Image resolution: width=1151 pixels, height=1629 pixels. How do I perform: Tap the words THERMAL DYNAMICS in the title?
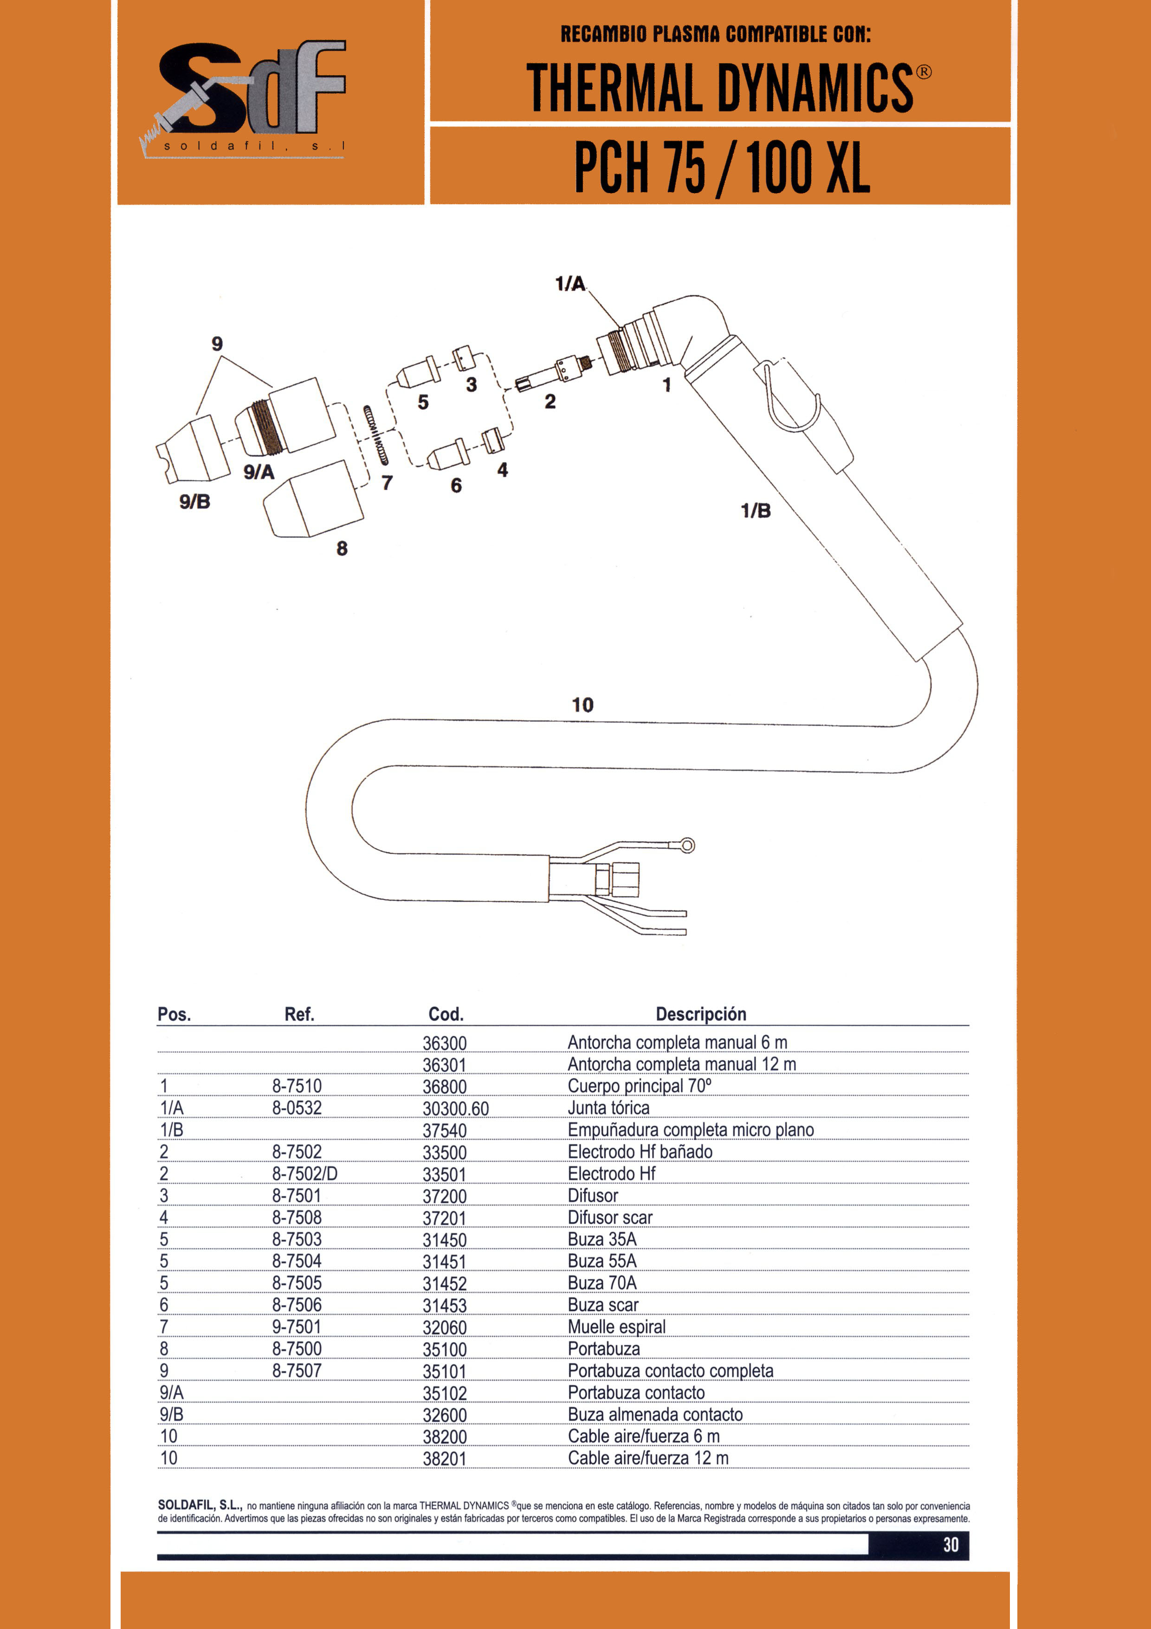coord(720,88)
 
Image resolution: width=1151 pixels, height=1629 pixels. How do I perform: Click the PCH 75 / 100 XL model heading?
coord(722,168)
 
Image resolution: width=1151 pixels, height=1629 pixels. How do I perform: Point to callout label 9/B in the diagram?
coord(194,502)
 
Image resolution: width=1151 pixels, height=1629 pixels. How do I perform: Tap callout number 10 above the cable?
coord(582,705)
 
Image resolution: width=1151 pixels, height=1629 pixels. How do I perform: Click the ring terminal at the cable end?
coord(686,845)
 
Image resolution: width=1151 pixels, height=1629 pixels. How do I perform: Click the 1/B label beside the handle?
coord(755,510)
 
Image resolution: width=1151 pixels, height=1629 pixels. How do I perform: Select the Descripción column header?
coord(701,1014)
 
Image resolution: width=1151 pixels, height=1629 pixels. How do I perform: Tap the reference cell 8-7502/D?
coord(305,1174)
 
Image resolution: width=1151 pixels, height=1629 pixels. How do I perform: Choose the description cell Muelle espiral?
coord(616,1327)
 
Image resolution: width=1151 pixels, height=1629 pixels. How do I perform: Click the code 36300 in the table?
coord(445,1043)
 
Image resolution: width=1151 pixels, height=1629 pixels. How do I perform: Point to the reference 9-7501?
coord(297,1327)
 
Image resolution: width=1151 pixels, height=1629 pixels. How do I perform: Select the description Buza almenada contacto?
coord(655,1414)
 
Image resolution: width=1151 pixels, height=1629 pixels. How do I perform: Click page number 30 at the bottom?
coord(951,1545)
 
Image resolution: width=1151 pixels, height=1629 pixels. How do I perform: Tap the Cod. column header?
coord(446,1014)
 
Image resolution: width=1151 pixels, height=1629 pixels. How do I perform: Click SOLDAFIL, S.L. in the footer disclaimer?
coord(200,1505)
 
